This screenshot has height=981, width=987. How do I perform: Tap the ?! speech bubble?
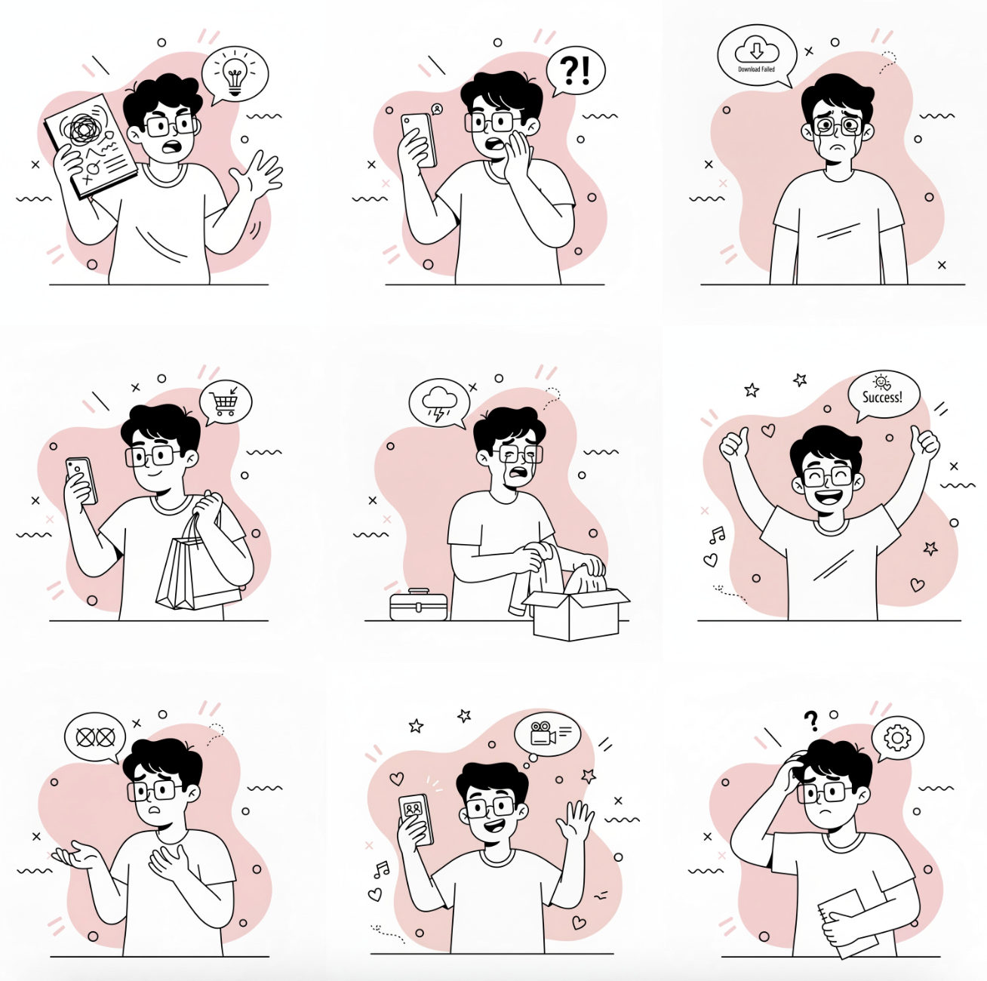coord(576,71)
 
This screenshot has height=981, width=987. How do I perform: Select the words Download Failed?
coord(756,69)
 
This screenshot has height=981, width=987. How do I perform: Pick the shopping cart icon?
coord(226,403)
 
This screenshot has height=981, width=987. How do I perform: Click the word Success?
coord(882,397)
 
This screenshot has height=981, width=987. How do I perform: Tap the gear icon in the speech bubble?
coord(897,738)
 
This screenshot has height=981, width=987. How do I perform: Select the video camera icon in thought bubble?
coord(543,733)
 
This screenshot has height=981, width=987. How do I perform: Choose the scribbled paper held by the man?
coord(91,146)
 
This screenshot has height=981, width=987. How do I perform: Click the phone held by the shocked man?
coord(419,140)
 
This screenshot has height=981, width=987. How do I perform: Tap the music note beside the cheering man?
coord(717,535)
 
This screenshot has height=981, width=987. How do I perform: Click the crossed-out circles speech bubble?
coord(95,738)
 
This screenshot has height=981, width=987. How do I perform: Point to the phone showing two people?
coord(416,820)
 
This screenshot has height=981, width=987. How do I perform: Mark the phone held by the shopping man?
coord(81,481)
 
